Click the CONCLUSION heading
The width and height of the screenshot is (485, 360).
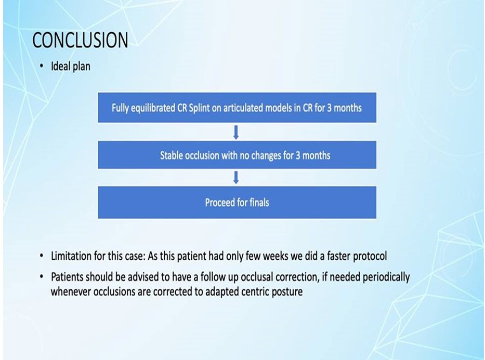tap(80, 40)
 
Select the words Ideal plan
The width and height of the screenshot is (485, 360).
tap(71, 66)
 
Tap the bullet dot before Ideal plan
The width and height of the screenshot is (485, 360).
tap(42, 66)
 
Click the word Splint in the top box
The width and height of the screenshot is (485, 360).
tap(199, 108)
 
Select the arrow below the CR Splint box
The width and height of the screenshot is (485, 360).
tap(236, 132)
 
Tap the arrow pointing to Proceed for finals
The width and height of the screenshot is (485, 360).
tap(236, 178)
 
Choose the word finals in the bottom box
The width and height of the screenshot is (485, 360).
tap(259, 203)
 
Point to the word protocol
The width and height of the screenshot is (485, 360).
tap(370, 257)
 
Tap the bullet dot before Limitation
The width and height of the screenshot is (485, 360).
tap(42, 256)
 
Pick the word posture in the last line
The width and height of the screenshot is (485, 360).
tap(287, 292)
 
